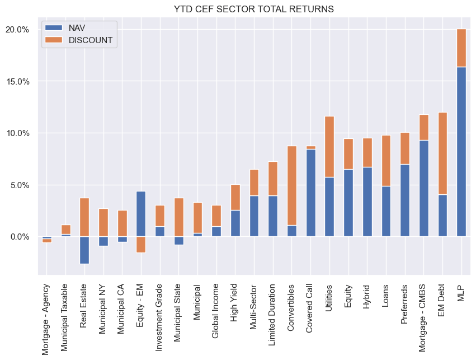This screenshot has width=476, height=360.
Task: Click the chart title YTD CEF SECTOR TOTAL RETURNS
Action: tap(254, 9)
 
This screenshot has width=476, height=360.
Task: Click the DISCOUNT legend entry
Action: tap(90, 40)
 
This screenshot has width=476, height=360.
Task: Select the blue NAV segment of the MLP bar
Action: tap(461, 151)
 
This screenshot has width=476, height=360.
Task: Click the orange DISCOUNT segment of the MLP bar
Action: tap(461, 48)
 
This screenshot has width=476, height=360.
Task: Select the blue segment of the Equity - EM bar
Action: tap(141, 214)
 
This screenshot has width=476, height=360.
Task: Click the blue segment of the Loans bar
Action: tap(386, 211)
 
